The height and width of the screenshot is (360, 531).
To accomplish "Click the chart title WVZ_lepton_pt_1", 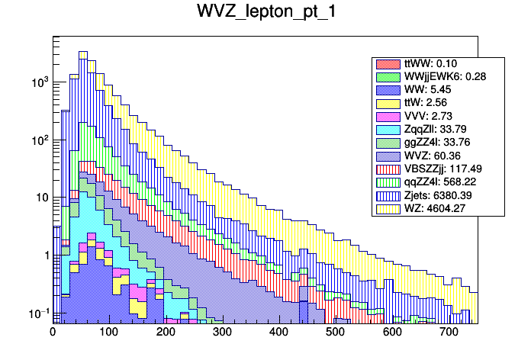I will [x=265, y=13].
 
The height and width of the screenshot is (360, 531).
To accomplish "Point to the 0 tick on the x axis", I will [x=53, y=332].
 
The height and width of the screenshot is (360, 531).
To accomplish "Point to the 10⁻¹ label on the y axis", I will [x=39, y=313].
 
